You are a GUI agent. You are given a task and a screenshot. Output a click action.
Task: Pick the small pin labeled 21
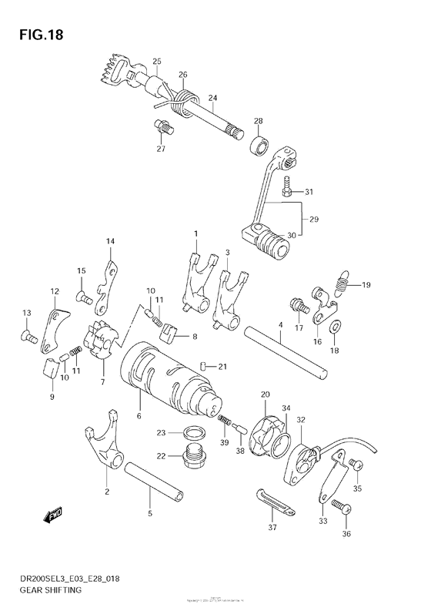pyautogui.click(x=202, y=365)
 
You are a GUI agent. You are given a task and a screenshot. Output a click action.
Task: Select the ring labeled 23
pyautogui.click(x=195, y=433)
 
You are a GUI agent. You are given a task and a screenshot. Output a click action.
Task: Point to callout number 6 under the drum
pyautogui.click(x=139, y=416)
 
